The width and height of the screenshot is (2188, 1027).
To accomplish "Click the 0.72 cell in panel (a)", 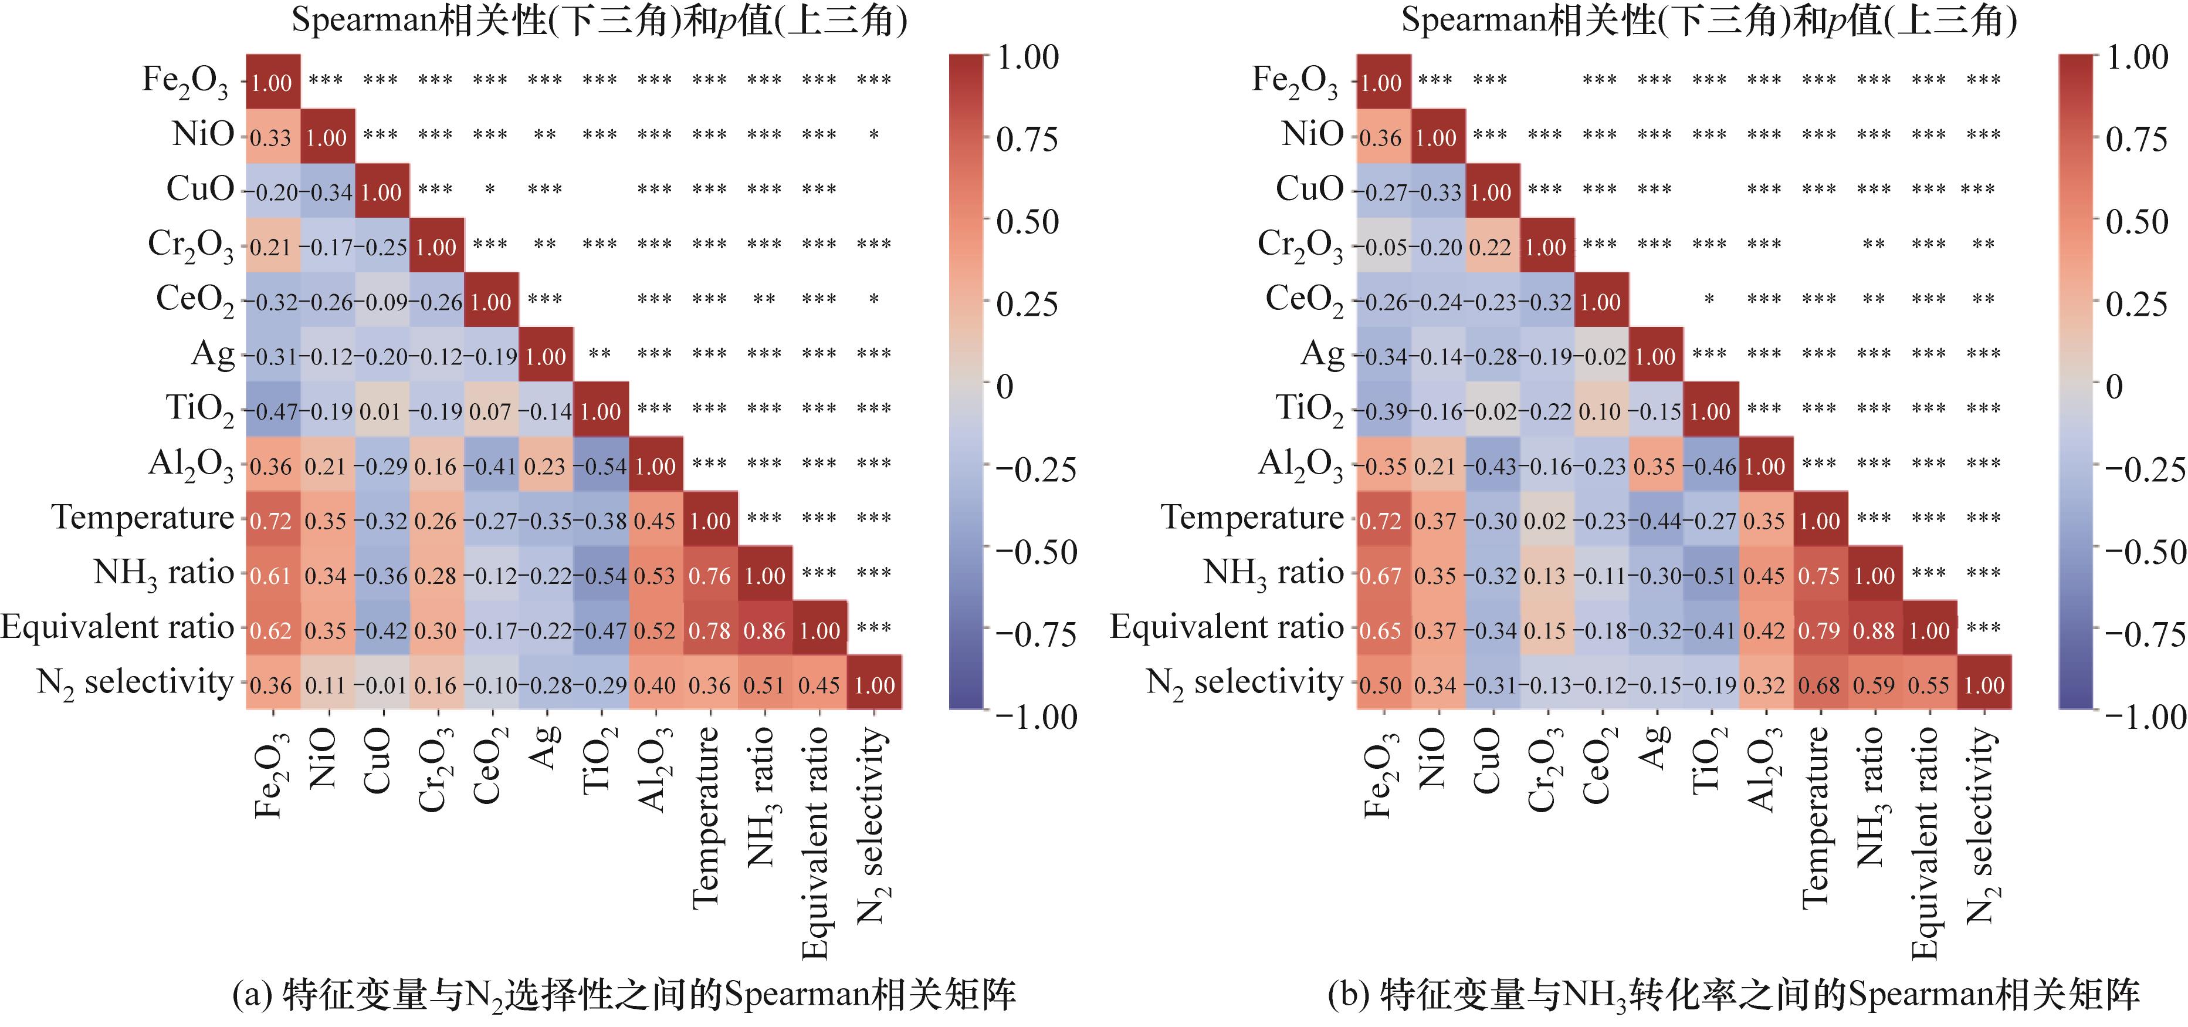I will [271, 521].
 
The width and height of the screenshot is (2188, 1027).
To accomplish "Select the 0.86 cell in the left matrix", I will [764, 630].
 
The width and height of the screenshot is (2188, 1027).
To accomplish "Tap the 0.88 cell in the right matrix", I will [1874, 630].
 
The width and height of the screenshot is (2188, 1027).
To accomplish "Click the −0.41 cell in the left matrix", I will [490, 467].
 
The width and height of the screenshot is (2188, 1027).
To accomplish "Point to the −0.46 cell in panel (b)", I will [1710, 467].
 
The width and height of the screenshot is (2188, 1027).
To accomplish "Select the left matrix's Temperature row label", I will [142, 518].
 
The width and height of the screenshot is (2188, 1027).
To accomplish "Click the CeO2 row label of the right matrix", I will [1304, 299].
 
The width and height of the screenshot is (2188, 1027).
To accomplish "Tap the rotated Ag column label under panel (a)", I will [546, 748].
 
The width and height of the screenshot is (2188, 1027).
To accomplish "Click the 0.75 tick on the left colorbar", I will [1027, 139].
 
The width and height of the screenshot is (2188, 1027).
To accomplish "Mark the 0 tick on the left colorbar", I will [1005, 387].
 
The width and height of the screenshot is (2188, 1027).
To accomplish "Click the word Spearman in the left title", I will [364, 19].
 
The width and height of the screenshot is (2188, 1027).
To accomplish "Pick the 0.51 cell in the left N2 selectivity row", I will [764, 685].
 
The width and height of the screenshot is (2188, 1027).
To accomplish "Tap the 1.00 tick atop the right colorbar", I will [2137, 58].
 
